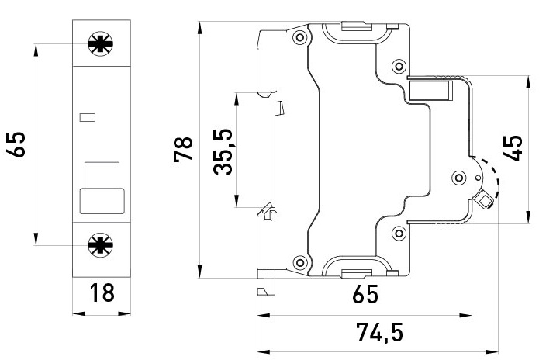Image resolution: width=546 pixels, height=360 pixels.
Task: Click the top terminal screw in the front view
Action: tap(101, 43)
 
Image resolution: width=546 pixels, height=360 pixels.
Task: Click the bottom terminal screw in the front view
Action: tap(101, 246)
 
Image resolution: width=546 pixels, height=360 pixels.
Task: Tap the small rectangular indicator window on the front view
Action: tap(87, 118)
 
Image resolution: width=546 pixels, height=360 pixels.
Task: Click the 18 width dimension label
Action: tap(101, 293)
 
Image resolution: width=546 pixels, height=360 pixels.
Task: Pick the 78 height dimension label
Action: tap(184, 149)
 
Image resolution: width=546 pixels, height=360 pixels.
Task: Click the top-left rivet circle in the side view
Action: tap(298, 37)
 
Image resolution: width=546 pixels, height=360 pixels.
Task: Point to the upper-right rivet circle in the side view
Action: tap(399, 64)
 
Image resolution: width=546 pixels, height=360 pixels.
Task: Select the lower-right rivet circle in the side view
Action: tap(399, 232)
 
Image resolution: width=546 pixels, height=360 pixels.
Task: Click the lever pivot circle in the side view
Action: tap(457, 178)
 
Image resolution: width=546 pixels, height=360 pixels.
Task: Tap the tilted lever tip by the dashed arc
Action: tap(486, 201)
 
